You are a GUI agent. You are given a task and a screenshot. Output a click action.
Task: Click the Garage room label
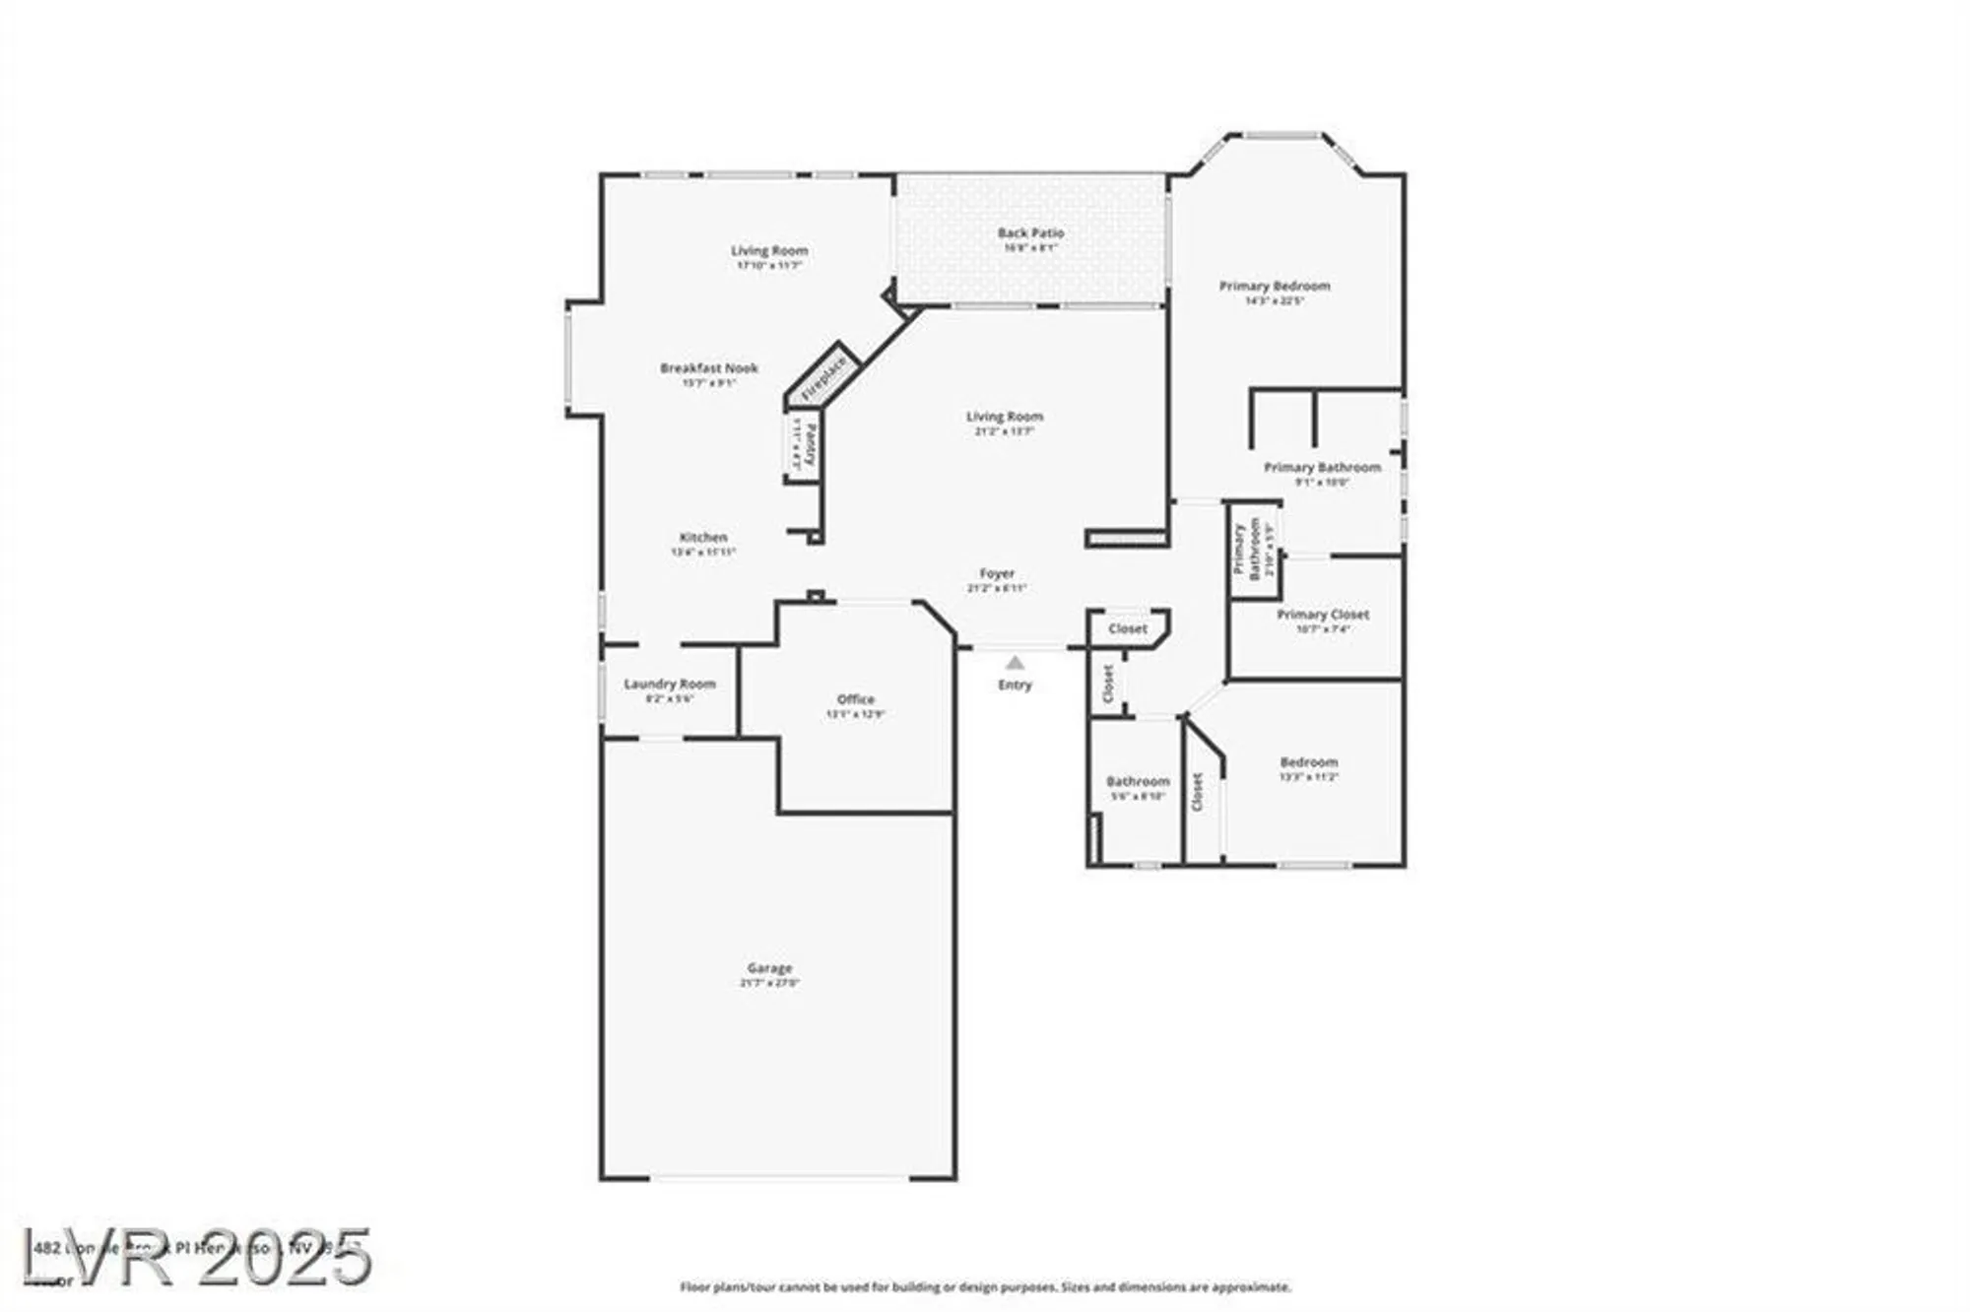(769, 969)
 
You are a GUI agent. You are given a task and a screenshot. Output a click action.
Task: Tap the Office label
(855, 700)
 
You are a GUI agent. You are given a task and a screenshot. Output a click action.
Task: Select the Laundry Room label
(670, 685)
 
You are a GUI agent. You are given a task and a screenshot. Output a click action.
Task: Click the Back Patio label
(1030, 233)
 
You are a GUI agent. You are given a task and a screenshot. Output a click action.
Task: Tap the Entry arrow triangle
(1015, 664)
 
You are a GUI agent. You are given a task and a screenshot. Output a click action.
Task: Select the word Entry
(1015, 685)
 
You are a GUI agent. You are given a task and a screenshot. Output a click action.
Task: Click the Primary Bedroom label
(1275, 287)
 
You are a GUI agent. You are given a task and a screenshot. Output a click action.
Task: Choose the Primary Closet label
(1323, 615)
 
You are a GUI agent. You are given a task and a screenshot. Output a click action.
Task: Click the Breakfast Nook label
(709, 368)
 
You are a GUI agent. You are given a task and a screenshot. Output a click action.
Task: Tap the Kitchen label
(703, 538)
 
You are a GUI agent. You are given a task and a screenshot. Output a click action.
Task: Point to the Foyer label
(997, 573)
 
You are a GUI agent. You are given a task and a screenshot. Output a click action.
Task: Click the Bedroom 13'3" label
(1309, 762)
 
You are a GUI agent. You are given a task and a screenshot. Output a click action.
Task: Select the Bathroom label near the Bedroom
(1138, 782)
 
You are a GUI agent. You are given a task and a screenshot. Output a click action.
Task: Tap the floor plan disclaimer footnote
(985, 1286)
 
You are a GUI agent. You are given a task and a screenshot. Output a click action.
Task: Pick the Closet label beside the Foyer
(1128, 628)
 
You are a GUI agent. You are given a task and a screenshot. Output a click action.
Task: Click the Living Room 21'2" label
(1004, 417)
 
